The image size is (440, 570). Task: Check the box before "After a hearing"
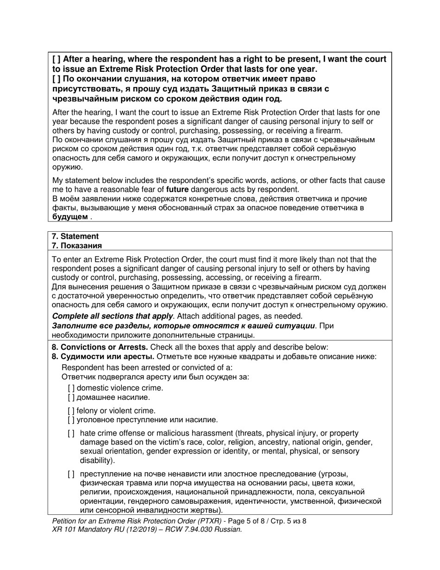[x=56, y=59]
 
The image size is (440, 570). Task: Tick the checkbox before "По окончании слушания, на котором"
[x=56, y=79]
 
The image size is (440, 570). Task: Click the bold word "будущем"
[x=69, y=217]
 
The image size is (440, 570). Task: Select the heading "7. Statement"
[x=75, y=236]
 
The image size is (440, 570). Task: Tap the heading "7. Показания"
[x=76, y=246]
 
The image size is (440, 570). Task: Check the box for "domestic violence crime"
[x=71, y=388]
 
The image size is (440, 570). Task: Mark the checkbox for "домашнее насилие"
[x=71, y=397]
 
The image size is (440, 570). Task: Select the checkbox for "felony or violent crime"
[x=71, y=411]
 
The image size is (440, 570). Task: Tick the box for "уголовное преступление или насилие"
[x=71, y=420]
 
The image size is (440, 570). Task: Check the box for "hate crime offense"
[x=71, y=433]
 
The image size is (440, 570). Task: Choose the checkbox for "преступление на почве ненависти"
[x=71, y=474]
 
